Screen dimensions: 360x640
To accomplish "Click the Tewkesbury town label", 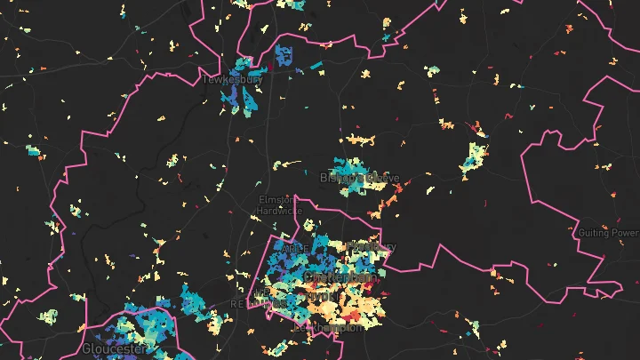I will (x=232, y=79).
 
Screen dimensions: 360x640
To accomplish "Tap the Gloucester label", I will (x=113, y=349).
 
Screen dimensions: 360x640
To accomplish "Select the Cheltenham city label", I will (x=339, y=278).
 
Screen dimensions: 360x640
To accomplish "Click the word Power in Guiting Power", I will (x=624, y=233).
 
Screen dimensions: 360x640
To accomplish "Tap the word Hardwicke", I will (x=279, y=211).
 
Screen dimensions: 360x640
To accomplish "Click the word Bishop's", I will (x=342, y=178).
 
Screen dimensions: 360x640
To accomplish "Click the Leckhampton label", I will (x=334, y=327).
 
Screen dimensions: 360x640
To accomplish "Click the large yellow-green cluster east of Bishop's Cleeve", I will (x=473, y=158).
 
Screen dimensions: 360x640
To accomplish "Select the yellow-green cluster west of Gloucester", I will (x=48, y=316).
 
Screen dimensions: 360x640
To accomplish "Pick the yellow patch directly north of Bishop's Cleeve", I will (x=359, y=140).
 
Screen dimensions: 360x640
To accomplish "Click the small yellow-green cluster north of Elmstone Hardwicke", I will (x=286, y=164).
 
